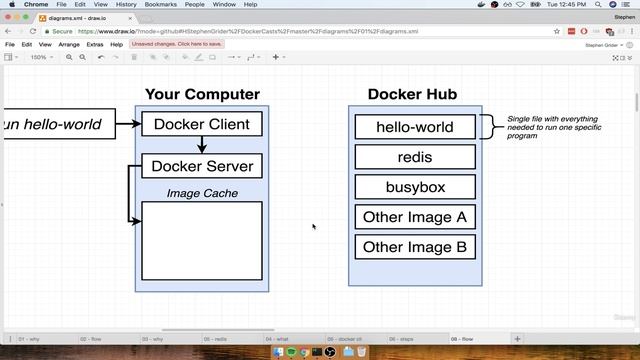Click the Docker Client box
[x=201, y=124]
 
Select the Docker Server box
[x=201, y=166]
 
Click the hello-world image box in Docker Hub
[x=414, y=127]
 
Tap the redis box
[x=414, y=157]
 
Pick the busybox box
[x=414, y=187]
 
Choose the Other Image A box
[x=414, y=217]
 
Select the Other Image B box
[x=414, y=247]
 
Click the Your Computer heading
[x=202, y=95]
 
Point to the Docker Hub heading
[x=412, y=95]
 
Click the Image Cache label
[x=202, y=193]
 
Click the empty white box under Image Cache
[x=202, y=240]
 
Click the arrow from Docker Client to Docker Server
[x=202, y=145]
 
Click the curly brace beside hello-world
[x=487, y=127]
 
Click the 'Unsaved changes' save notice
[x=178, y=45]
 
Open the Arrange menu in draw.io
[x=69, y=45]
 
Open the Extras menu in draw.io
[x=95, y=45]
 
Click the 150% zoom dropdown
[x=39, y=57]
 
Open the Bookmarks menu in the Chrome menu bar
[x=161, y=4]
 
